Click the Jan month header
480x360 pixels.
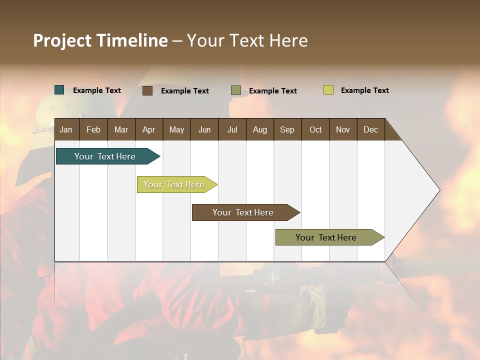(x=66, y=129)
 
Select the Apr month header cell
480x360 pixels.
(x=149, y=129)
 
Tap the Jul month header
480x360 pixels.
(x=232, y=129)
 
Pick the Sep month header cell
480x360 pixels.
(x=287, y=129)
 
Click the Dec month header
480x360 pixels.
(x=370, y=129)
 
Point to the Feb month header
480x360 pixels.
(x=93, y=129)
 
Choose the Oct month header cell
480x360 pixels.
(x=315, y=129)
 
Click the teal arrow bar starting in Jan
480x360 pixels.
(x=105, y=156)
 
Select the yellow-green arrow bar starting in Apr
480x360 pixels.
(x=174, y=184)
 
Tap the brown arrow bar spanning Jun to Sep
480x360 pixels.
(x=243, y=212)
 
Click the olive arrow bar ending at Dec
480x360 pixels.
(x=326, y=237)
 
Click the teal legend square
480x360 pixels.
(x=59, y=90)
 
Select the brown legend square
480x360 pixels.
(x=147, y=90)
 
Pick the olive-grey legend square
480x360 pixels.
(x=236, y=90)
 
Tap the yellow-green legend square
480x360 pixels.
(x=328, y=90)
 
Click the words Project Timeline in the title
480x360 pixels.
(x=100, y=40)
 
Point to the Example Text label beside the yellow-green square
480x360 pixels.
(x=364, y=90)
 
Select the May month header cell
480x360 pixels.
(x=176, y=129)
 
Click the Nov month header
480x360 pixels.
(x=343, y=129)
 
